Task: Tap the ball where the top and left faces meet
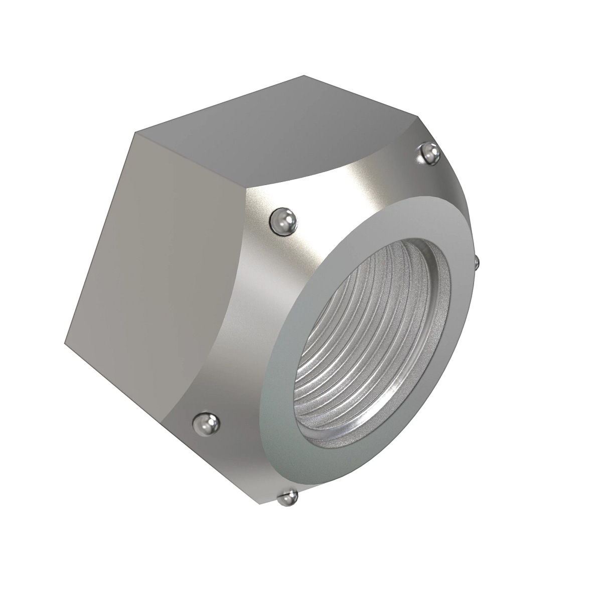pyautogui.click(x=283, y=221)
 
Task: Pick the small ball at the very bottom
pyautogui.click(x=288, y=498)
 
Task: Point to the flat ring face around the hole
pyautogui.click(x=291, y=401)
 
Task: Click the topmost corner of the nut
pyautogui.click(x=304, y=76)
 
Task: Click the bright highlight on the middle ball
pyautogui.click(x=280, y=217)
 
